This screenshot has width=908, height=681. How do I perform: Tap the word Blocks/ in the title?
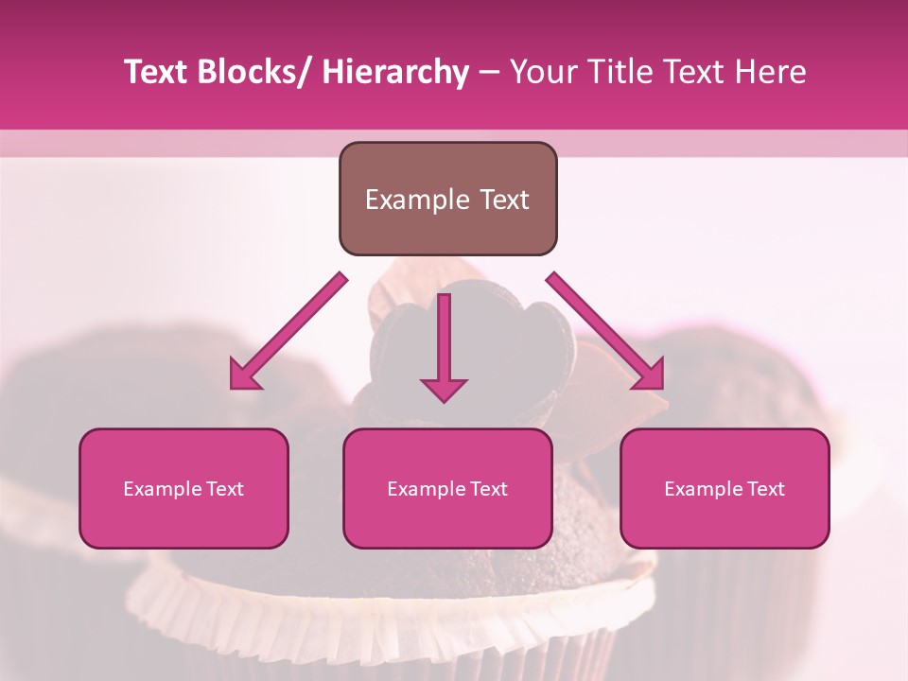click(253, 72)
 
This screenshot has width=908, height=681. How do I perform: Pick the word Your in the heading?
click(541, 72)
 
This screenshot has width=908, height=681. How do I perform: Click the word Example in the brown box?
click(417, 201)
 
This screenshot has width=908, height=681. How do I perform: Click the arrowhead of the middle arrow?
click(444, 389)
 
